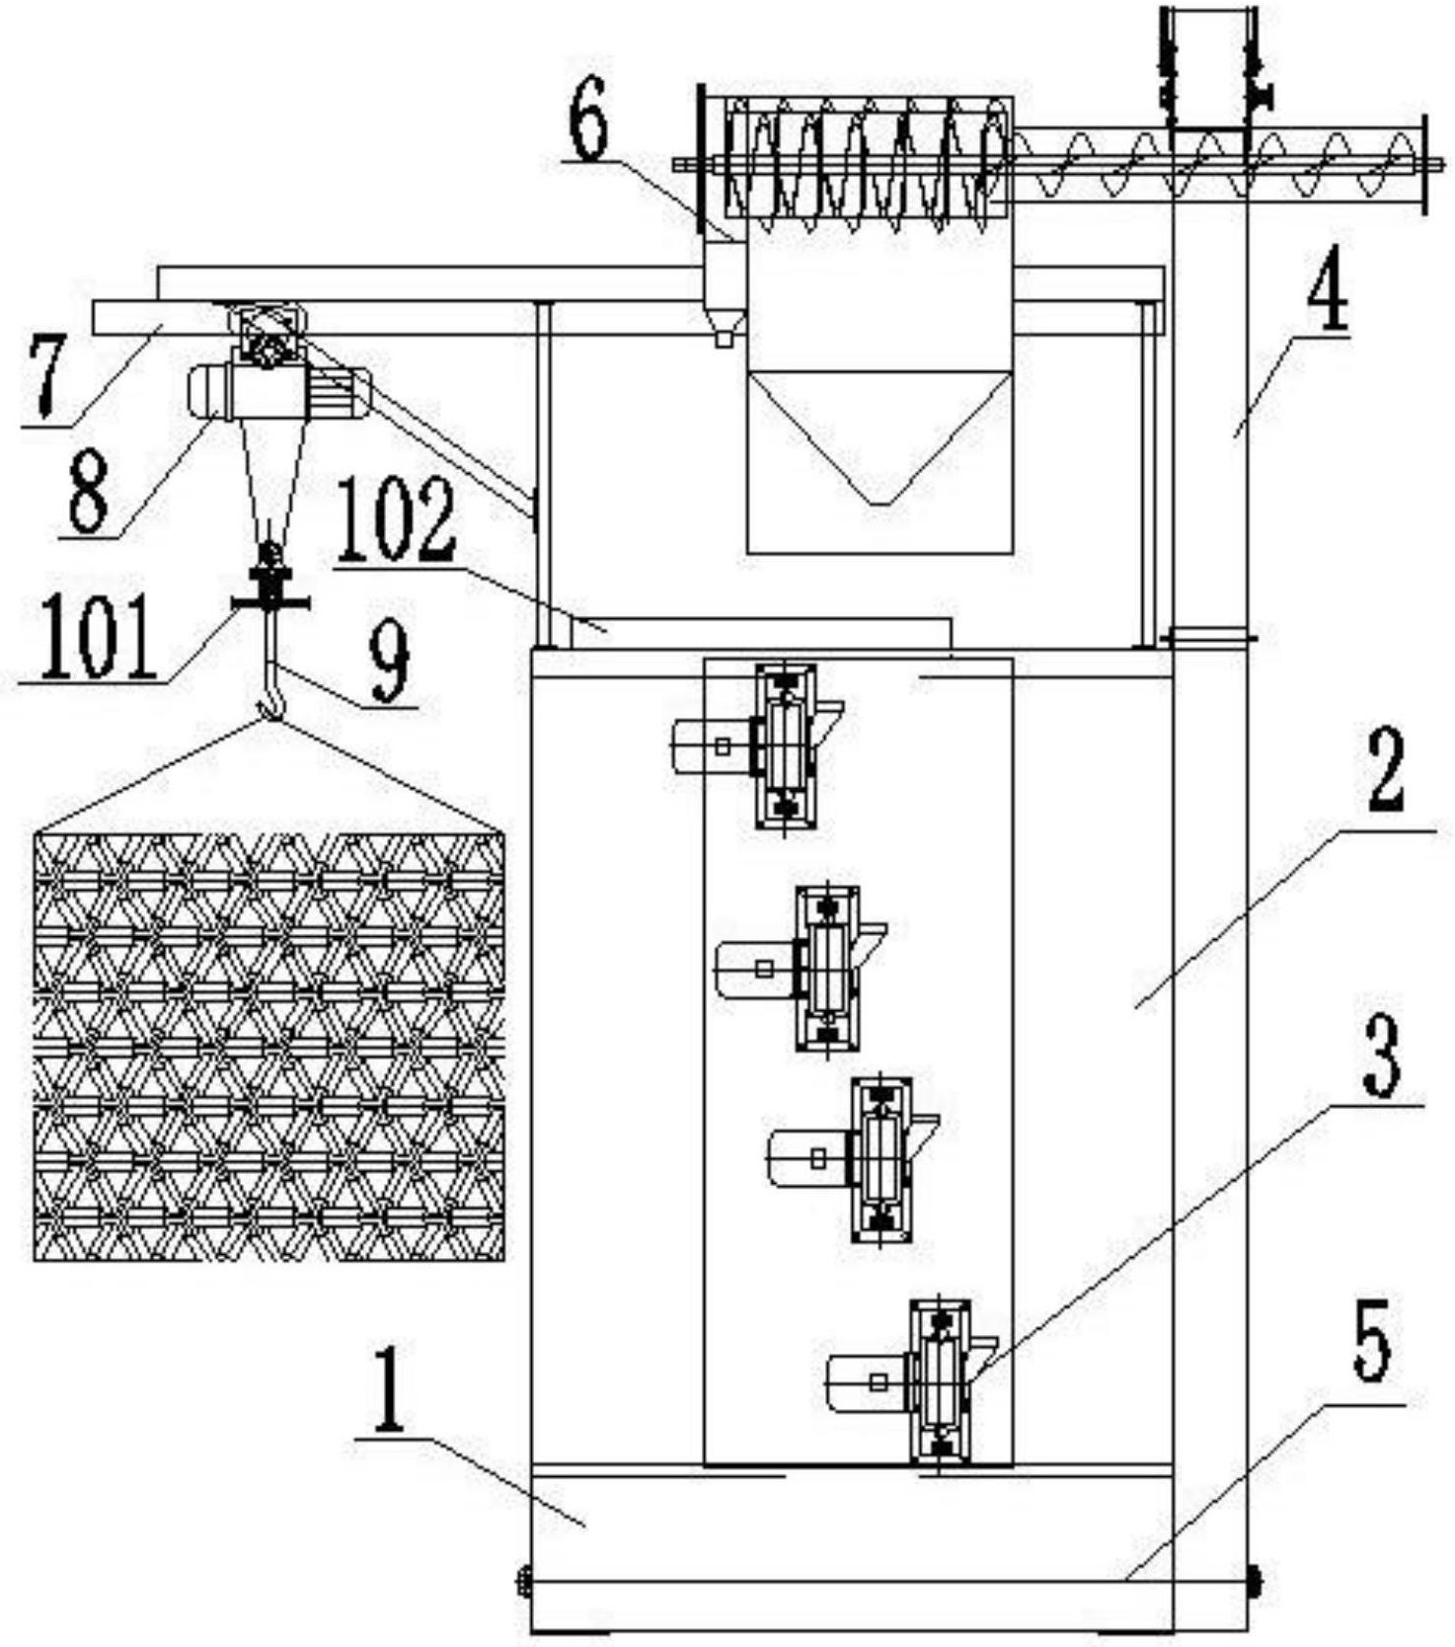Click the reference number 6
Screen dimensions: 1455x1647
(589, 117)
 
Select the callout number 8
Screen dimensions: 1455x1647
(88, 489)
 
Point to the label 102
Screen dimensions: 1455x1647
(396, 520)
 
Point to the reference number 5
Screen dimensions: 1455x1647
(1373, 1341)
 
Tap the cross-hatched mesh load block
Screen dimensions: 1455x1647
(269, 1046)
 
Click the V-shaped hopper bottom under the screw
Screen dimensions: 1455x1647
(880, 438)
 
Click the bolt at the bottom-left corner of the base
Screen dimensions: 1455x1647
(523, 1580)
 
